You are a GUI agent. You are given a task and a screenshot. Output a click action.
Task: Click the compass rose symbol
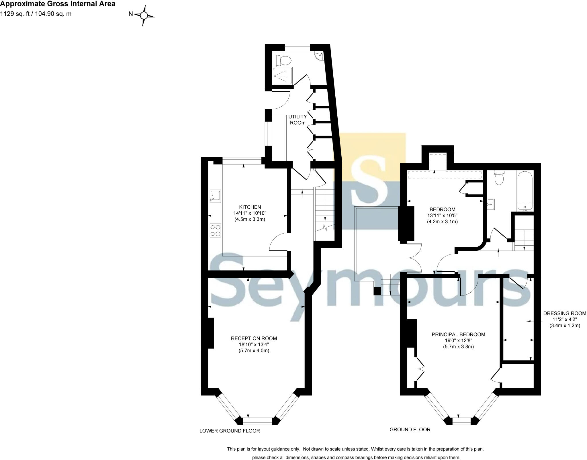[x=144, y=15]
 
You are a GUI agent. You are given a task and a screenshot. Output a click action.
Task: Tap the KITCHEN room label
[x=250, y=207]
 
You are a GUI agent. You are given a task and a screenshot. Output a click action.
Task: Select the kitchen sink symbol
[x=215, y=196]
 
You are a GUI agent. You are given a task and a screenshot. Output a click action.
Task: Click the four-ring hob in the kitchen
[x=216, y=230]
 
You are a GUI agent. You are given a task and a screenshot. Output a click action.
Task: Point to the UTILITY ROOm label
[x=297, y=120]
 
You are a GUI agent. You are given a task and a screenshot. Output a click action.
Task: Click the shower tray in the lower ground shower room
[x=282, y=76]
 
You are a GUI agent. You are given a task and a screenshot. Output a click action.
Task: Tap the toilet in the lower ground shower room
[x=284, y=60]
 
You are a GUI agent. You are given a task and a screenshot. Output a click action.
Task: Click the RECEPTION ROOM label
[x=254, y=338]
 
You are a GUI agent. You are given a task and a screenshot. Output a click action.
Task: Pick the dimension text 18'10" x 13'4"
[x=254, y=344]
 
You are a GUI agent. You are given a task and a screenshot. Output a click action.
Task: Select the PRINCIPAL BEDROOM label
[x=458, y=334]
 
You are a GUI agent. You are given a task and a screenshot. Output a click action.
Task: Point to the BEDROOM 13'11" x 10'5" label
[x=442, y=215]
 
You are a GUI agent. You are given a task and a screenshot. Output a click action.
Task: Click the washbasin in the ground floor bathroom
[x=490, y=204]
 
